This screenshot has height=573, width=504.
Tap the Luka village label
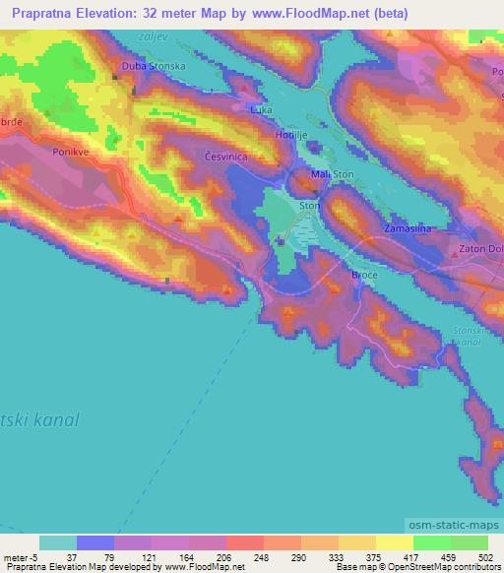tap(261, 110)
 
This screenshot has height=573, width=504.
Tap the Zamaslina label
tap(409, 228)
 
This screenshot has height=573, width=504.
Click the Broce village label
tap(364, 276)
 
